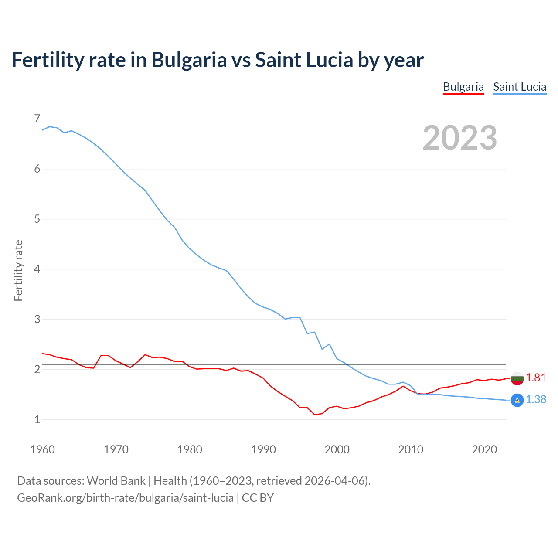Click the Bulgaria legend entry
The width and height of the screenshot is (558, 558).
click(x=463, y=87)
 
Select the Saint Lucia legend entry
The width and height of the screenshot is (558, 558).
click(x=520, y=87)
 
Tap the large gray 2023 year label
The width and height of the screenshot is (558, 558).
click(x=460, y=138)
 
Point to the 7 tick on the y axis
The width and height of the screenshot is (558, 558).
click(x=37, y=119)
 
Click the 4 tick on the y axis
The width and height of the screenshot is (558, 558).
click(x=37, y=269)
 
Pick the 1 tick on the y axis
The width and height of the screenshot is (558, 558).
click(x=37, y=419)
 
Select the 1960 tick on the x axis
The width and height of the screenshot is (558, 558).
click(x=42, y=449)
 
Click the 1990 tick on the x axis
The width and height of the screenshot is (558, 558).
click(x=263, y=449)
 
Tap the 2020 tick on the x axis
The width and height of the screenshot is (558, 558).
click(x=484, y=449)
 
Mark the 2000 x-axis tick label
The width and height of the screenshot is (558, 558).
click(x=337, y=449)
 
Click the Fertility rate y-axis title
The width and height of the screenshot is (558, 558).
click(x=18, y=270)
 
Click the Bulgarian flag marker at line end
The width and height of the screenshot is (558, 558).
click(x=517, y=378)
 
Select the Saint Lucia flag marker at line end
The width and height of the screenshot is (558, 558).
click(x=517, y=400)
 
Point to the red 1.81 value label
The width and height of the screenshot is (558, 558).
click(x=536, y=378)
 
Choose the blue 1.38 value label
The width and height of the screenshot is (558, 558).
click(x=536, y=400)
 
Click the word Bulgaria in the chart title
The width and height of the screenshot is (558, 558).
click(x=189, y=60)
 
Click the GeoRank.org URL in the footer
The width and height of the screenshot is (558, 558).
click(x=125, y=498)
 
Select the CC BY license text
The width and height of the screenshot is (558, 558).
click(x=258, y=498)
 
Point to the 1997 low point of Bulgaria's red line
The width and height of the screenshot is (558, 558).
click(x=315, y=415)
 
